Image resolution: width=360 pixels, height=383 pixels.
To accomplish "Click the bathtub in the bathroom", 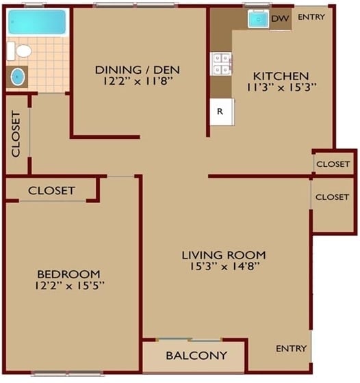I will tap(37, 23).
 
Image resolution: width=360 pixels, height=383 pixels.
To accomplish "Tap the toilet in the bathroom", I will tap(23, 51).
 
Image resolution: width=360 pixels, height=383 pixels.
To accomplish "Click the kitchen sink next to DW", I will tap(257, 19).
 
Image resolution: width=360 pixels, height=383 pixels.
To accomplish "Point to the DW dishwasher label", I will tap(279, 18).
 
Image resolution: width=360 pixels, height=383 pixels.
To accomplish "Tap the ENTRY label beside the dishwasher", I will tap(312, 18).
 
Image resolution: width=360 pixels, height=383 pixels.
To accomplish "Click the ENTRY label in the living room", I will tap(291, 349).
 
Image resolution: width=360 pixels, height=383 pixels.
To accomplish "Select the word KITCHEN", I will tap(281, 75).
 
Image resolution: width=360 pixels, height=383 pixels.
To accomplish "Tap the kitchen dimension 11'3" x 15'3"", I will tap(281, 88).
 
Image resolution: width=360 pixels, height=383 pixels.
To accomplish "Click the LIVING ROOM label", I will tap(223, 255).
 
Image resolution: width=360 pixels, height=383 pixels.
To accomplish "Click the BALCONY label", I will tap(196, 356).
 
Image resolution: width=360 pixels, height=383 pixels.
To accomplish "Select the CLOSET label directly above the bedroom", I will tap(51, 190).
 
